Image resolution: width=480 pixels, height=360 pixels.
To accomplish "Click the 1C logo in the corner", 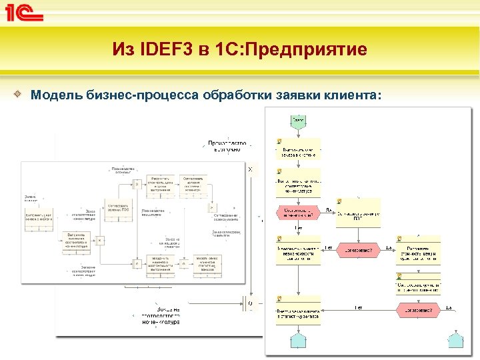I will pos(25,14).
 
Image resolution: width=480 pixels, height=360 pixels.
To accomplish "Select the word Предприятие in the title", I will pos(309,49).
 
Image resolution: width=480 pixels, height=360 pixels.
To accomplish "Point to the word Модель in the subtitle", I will pos(57,95).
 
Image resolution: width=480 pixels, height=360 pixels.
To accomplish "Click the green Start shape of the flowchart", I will pos(298,121).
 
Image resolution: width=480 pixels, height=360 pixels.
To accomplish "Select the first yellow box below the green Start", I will pos(298,149).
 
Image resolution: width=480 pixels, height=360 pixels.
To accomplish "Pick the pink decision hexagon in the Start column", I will pos(299,214).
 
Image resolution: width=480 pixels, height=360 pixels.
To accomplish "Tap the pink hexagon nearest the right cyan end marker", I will pos(419,309).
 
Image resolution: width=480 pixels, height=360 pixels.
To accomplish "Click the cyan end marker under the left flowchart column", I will pos(298,341).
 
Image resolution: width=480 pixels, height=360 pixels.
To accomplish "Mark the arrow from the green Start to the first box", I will pos(298,133).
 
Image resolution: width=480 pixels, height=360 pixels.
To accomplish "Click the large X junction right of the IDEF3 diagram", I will pos(251,171).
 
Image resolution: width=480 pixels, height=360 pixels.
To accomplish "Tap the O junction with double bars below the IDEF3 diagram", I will pos(250,304).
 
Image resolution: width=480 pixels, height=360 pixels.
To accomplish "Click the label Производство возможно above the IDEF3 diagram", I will pos(227,146).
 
